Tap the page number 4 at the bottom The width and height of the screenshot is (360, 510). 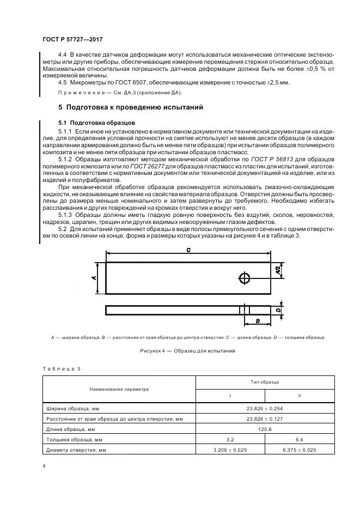click(x=44, y=466)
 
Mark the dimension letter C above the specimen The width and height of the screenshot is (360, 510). click(x=188, y=251)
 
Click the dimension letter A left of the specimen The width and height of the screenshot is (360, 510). click(x=94, y=277)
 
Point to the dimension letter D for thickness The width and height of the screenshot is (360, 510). click(x=278, y=310)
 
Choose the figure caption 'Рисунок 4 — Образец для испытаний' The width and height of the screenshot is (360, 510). click(x=188, y=351)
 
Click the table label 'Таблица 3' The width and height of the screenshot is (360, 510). click(x=61, y=369)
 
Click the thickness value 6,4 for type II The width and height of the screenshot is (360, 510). click(x=299, y=439)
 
